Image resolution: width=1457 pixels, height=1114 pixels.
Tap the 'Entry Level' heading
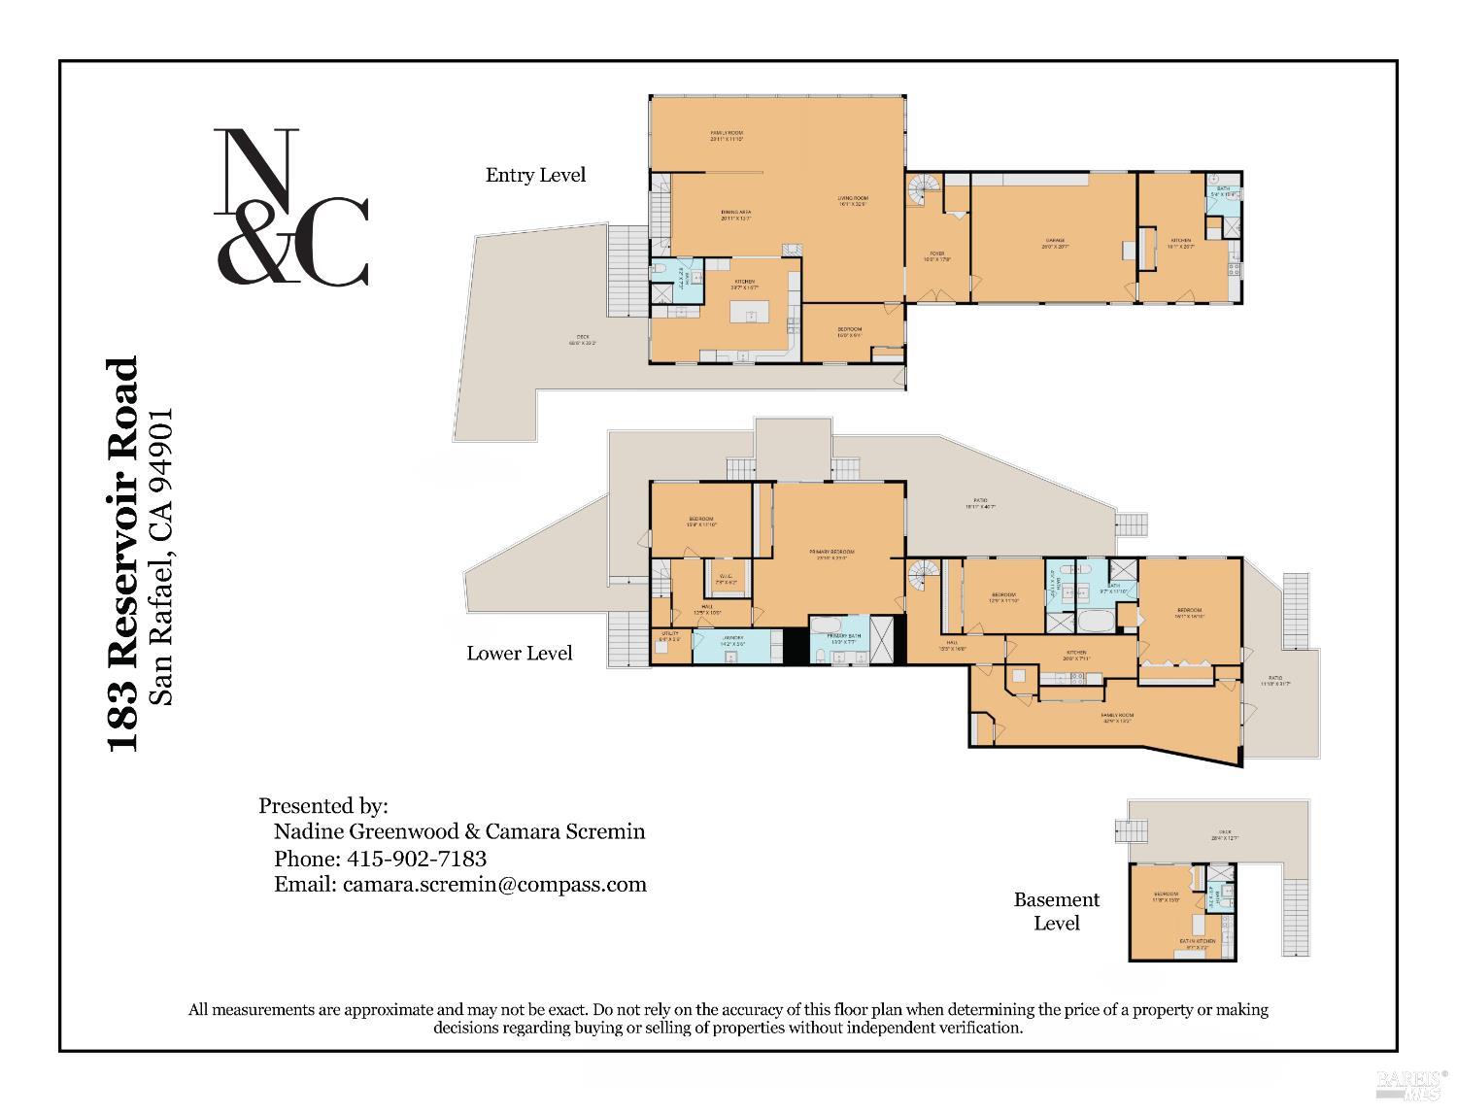[535, 175]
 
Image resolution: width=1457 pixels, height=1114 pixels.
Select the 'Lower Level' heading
[519, 653]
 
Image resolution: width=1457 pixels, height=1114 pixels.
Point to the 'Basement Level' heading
[1056, 911]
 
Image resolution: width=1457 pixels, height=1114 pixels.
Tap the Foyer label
[937, 256]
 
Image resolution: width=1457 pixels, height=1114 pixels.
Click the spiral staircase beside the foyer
[923, 189]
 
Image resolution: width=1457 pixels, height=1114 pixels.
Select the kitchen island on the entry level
[750, 316]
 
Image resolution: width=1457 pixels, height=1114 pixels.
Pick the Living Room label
[852, 201]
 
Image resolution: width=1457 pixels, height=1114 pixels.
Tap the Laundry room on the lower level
[731, 640]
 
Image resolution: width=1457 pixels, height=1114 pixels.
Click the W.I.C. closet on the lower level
[726, 579]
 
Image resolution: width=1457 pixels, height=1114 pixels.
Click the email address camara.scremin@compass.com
[494, 884]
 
